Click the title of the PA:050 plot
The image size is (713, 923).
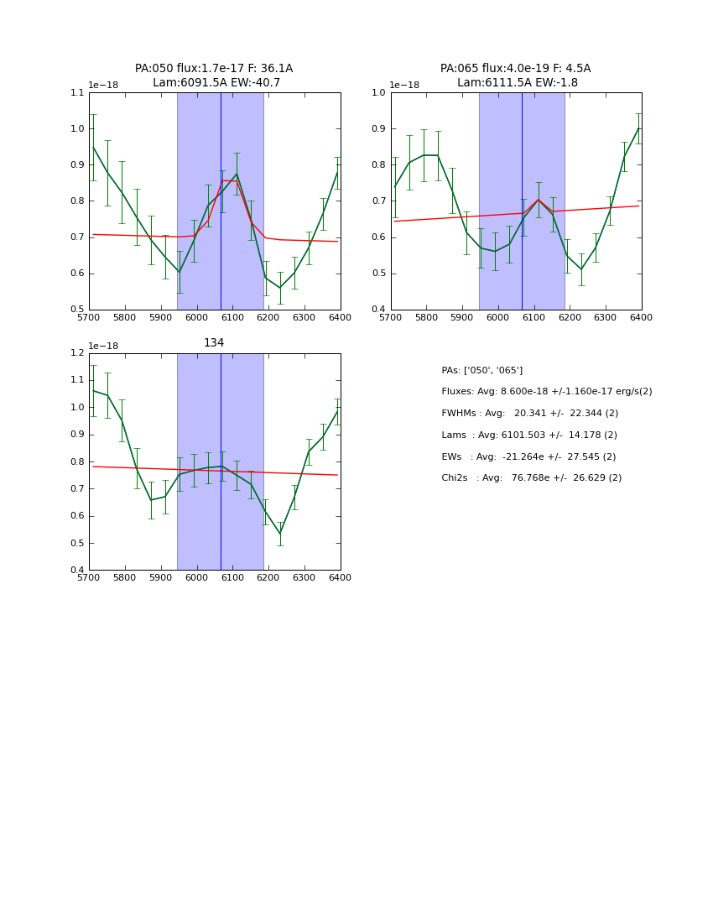[214, 76]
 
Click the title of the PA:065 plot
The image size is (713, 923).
[516, 76]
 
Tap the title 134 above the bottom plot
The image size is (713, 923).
[214, 342]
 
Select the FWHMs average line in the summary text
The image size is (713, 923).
[529, 413]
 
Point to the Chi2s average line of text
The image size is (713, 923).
[531, 477]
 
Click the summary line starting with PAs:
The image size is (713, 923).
[481, 370]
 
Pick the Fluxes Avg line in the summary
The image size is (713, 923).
[546, 391]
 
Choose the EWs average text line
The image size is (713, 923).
[528, 456]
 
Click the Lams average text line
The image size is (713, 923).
[528, 435]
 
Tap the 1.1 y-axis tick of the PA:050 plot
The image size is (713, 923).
[78, 93]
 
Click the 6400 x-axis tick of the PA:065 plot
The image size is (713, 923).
[641, 317]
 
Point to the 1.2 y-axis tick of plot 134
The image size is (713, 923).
[78, 353]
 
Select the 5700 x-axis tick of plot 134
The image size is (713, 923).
[89, 577]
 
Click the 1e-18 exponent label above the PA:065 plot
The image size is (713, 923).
[404, 85]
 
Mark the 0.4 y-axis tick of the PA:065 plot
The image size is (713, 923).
[380, 310]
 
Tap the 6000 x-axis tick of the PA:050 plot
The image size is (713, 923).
[197, 317]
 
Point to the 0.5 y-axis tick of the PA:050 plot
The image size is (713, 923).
[78, 310]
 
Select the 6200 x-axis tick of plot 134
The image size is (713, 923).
[268, 577]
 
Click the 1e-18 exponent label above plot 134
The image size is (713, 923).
[103, 346]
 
